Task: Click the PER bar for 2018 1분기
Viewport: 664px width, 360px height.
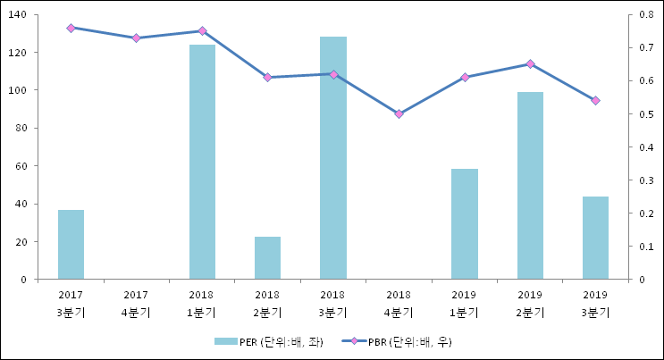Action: tap(202, 162)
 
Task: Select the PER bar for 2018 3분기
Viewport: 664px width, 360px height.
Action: tap(333, 158)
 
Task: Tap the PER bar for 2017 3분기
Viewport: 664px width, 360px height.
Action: tap(71, 245)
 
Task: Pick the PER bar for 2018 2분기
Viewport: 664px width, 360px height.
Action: tap(267, 258)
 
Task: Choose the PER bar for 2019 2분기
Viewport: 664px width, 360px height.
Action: tap(530, 186)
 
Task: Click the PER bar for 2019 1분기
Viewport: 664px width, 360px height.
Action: tap(465, 224)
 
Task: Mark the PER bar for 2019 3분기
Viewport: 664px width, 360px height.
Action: tap(595, 238)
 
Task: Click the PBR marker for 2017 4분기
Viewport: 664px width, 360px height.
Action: tap(136, 38)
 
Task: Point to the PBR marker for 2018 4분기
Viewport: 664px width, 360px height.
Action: tap(399, 114)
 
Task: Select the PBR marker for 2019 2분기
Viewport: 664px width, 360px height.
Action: tap(530, 64)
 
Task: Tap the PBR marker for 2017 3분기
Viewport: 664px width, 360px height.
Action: tap(71, 28)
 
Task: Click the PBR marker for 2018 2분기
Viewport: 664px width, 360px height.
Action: tap(267, 78)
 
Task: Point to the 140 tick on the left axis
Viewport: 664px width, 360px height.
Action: tap(18, 15)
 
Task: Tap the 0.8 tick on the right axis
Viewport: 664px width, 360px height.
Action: tap(640, 15)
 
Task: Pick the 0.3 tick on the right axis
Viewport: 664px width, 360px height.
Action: tap(640, 180)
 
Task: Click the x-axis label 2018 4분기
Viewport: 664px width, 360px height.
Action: tap(399, 304)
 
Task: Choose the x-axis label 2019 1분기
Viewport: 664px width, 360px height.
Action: tap(465, 304)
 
